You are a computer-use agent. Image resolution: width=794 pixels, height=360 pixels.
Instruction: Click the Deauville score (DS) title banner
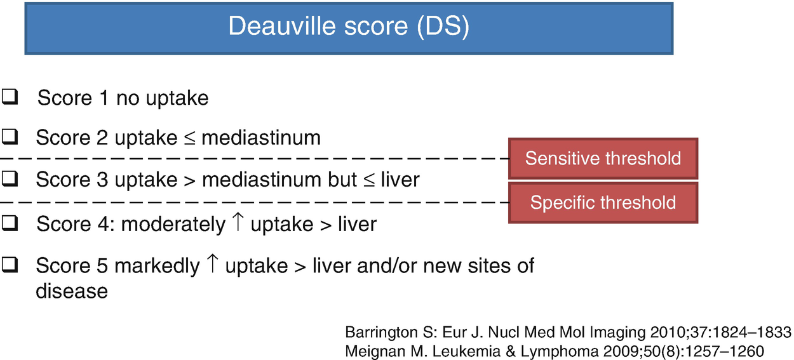349,29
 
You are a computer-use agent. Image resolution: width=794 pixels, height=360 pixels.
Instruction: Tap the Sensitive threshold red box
603,158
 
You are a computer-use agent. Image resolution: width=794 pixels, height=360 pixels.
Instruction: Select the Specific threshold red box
603,203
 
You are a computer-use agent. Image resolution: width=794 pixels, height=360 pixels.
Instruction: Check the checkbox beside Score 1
10,97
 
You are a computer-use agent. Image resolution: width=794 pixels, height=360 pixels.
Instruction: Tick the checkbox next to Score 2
10,137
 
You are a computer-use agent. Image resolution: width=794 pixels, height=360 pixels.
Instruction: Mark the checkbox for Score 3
10,178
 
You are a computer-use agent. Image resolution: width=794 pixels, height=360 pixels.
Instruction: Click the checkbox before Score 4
10,223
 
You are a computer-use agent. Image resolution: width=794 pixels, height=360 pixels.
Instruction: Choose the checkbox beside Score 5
10,265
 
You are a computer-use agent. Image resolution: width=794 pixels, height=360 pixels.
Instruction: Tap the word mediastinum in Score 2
261,138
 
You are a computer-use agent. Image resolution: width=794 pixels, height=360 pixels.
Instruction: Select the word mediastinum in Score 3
262,179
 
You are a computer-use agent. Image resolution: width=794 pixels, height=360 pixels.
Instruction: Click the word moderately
173,225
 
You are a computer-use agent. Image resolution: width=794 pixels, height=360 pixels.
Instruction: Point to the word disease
72,291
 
